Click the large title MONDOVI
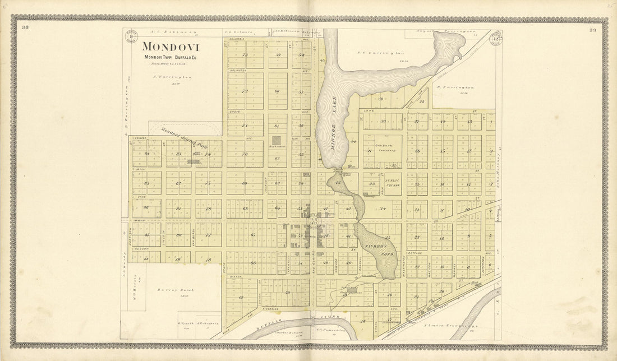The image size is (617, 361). tap(170, 47)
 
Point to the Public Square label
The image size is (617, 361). tap(392, 182)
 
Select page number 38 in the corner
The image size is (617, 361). tap(26, 27)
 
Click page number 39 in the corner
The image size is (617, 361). tap(593, 29)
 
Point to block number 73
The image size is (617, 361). tap(245, 55)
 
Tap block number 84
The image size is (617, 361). tap(147, 154)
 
